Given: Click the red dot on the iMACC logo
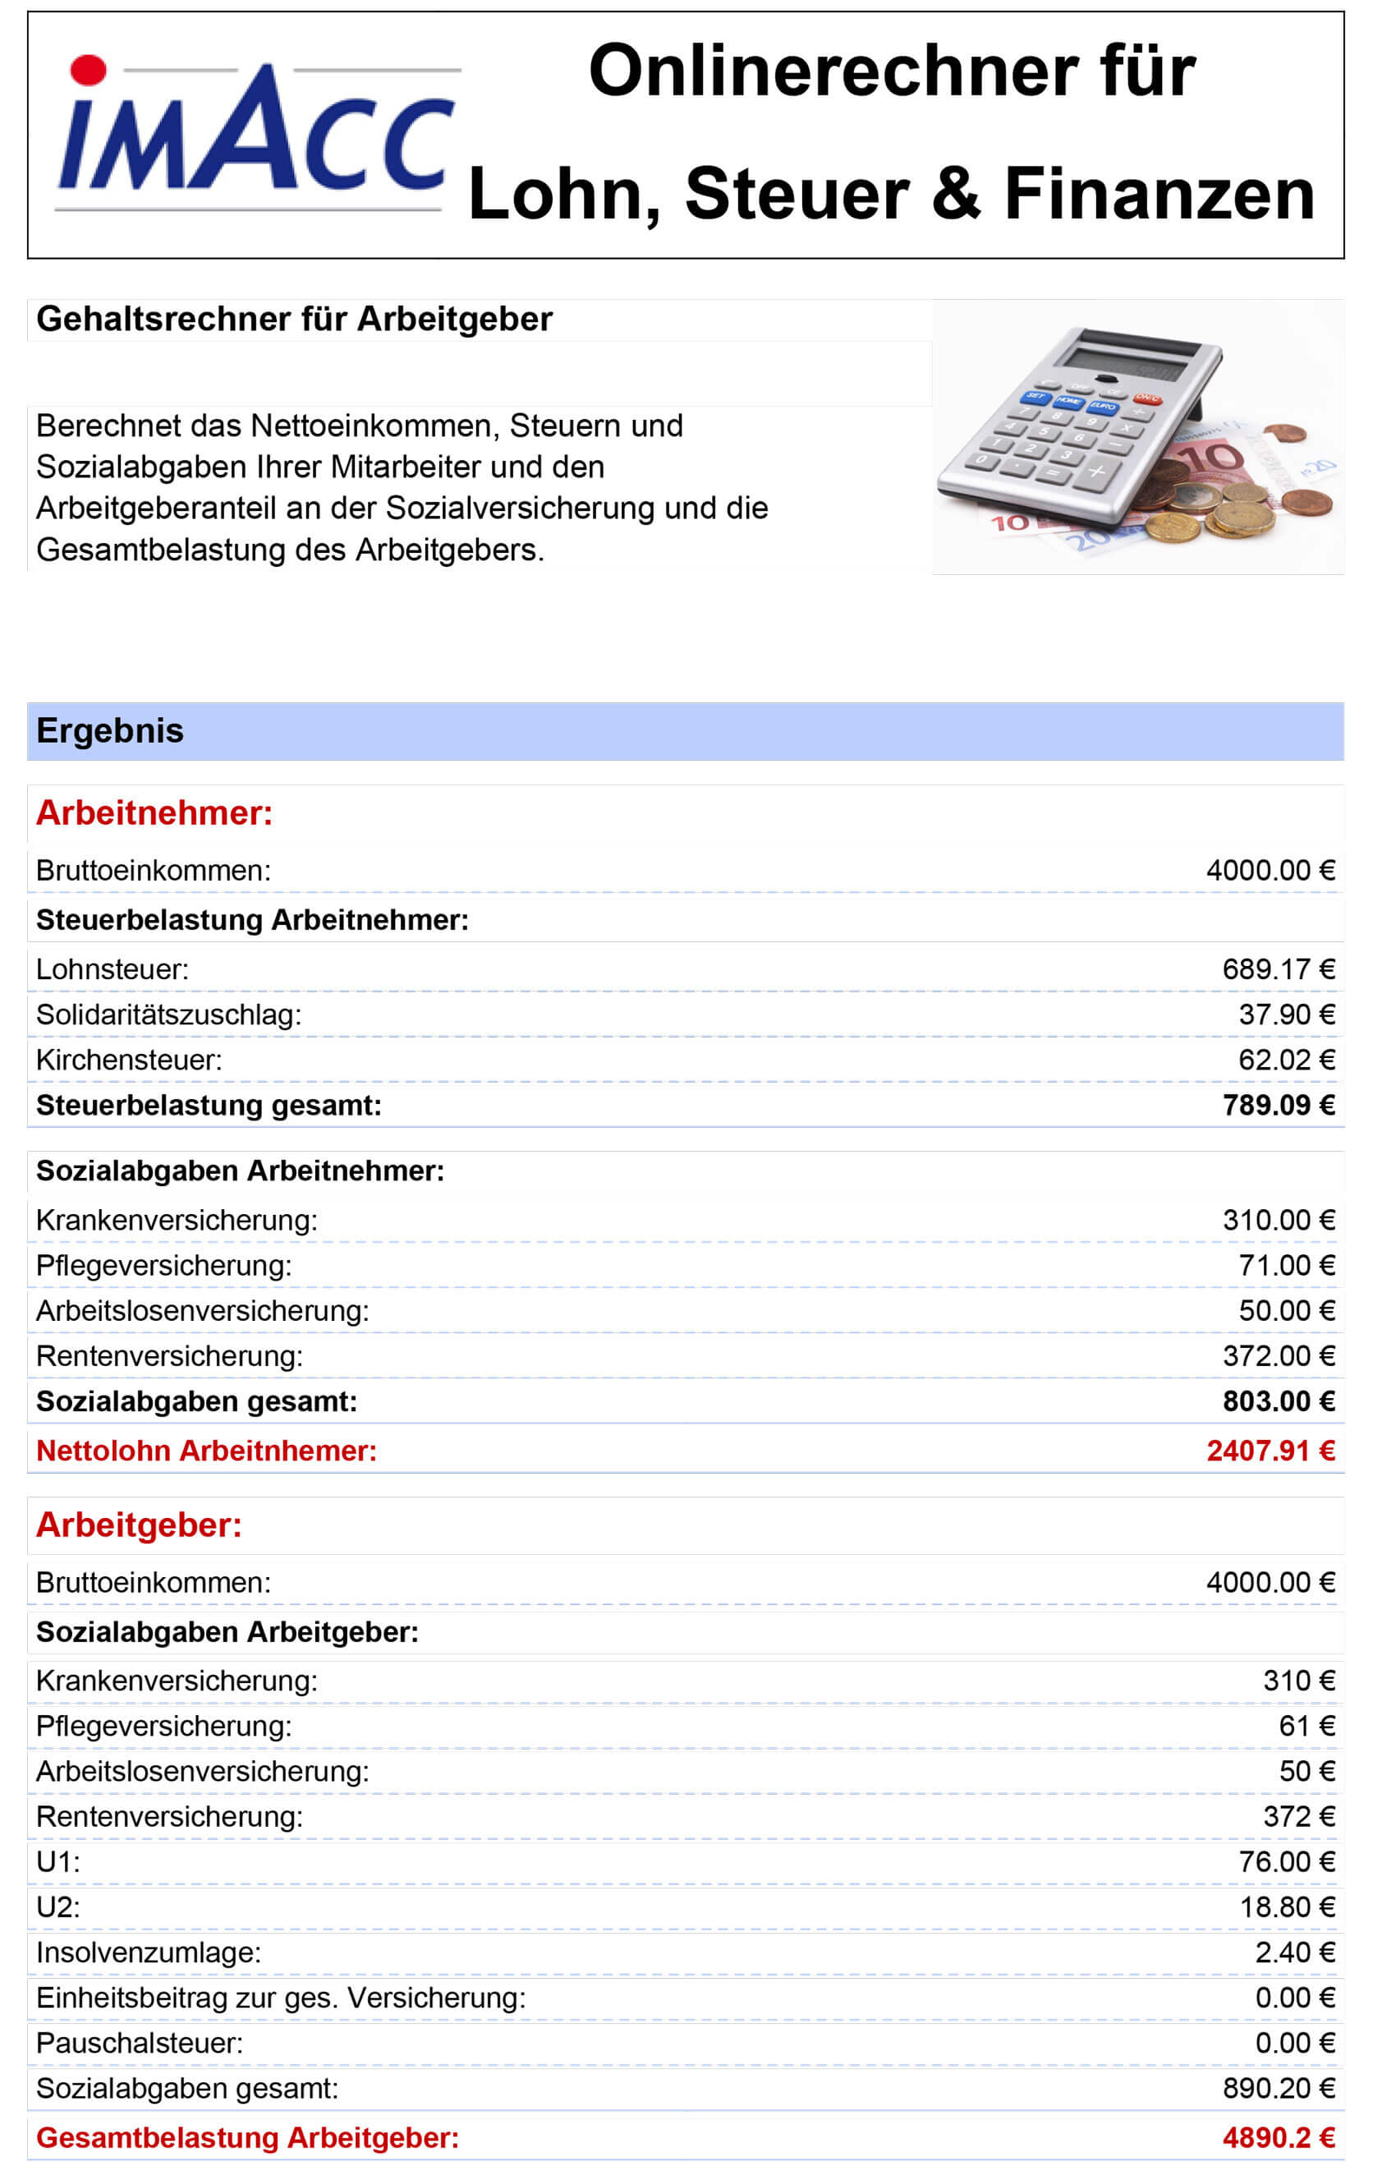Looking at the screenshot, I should click(x=89, y=70).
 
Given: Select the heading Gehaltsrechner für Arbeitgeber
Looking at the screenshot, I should click(x=294, y=320).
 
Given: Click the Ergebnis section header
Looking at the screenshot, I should click(x=110, y=731).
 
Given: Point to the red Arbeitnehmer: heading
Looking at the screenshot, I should click(x=154, y=813).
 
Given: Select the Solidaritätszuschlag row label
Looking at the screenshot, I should click(x=168, y=1014).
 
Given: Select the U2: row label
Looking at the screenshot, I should click(x=58, y=1907).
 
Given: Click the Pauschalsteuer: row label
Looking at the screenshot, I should click(x=140, y=2044).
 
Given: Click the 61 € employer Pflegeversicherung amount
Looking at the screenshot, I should click(x=1306, y=1727).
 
